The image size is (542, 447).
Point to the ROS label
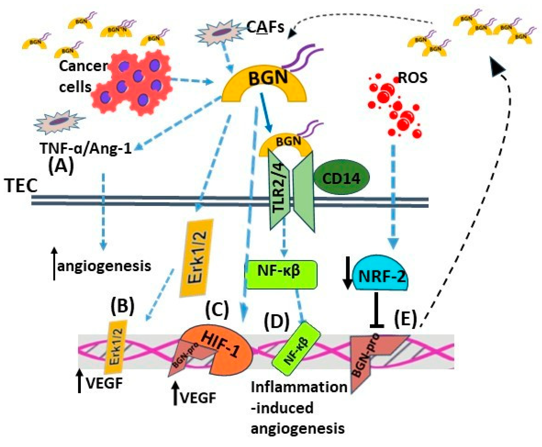(x=412, y=77)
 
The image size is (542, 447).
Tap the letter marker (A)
(x=61, y=166)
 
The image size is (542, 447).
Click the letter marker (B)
(x=123, y=306)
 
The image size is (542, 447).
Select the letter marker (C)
(x=217, y=309)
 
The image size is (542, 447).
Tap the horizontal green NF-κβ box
(x=282, y=274)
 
